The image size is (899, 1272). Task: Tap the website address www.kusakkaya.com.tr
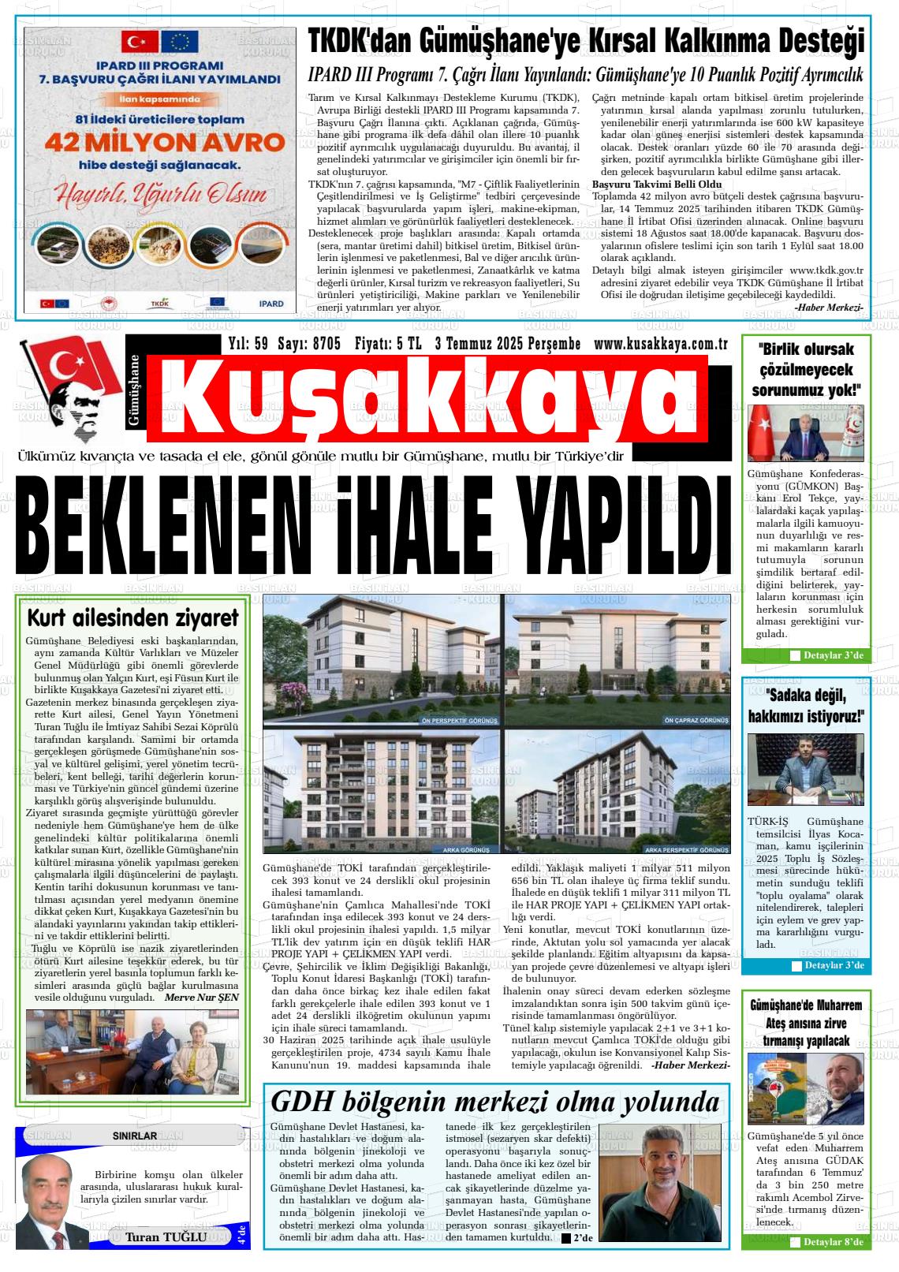pos(660,344)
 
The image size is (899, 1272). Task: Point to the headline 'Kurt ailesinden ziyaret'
pos(132,617)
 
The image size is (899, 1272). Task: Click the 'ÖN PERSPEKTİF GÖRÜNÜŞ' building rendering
pos(381,661)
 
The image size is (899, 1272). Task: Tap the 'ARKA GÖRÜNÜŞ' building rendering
pos(381,792)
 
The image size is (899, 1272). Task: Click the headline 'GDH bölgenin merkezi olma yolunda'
pos(494,1101)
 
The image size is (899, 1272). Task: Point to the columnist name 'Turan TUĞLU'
pos(166,1237)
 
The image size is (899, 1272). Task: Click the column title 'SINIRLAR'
pos(134,1136)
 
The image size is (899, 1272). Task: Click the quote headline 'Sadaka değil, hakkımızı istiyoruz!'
pos(805,707)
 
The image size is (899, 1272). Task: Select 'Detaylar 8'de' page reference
pos(833,1242)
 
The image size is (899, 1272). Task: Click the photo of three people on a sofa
pos(132,1052)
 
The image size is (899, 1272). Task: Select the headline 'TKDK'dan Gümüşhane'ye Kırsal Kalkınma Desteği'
pos(586,40)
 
